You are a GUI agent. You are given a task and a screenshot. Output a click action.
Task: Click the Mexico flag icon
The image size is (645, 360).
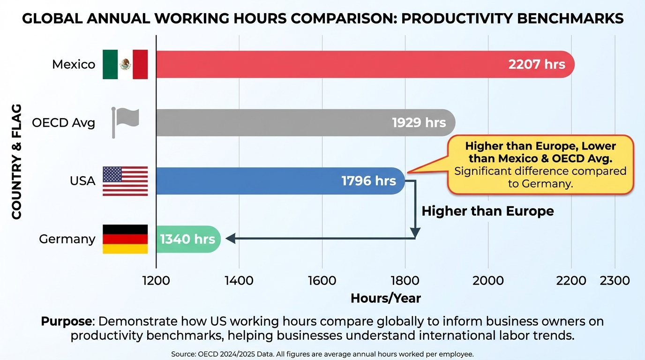[x=125, y=64]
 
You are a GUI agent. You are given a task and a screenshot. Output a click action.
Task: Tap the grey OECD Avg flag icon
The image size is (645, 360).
[x=125, y=122]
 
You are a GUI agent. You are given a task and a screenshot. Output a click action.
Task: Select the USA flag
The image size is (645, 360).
[x=125, y=181]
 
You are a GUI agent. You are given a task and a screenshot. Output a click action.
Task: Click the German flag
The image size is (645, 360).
[x=125, y=239]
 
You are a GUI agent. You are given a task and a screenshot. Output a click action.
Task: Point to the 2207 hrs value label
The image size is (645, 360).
[x=537, y=64]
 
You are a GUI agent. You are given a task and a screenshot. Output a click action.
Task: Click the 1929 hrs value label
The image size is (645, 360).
[x=419, y=123]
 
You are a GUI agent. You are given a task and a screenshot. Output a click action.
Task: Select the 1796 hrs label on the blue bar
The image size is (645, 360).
[x=368, y=181]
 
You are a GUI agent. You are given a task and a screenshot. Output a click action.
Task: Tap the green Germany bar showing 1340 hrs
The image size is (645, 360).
[x=187, y=239]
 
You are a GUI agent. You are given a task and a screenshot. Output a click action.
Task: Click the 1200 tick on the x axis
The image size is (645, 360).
[x=156, y=280]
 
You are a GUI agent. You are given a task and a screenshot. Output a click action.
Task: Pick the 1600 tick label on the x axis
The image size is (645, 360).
[x=322, y=280]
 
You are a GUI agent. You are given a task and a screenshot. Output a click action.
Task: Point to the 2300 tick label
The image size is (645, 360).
[x=615, y=280]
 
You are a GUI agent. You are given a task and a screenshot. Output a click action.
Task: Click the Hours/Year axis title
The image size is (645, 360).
[x=385, y=298]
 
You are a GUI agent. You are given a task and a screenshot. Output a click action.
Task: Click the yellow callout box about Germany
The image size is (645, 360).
[x=540, y=165]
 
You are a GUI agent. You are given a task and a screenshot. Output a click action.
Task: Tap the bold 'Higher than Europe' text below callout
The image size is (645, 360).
[x=487, y=211]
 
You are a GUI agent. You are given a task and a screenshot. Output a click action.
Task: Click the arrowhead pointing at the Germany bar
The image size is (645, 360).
[x=230, y=239]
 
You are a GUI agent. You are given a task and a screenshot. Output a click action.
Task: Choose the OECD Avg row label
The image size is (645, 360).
[x=63, y=123]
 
